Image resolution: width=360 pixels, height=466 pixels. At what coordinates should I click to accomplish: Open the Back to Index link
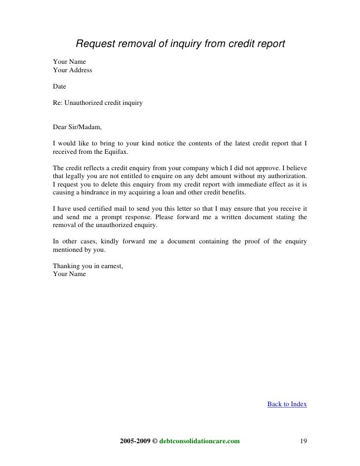(287, 404)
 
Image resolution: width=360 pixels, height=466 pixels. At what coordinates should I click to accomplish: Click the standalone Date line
(59, 87)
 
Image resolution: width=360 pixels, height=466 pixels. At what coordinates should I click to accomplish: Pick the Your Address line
(72, 70)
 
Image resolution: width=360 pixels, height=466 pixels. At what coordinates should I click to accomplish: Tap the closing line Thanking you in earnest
(88, 266)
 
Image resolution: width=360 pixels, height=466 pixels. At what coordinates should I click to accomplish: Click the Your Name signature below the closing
(69, 274)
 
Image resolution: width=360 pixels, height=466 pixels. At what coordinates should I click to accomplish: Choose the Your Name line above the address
(69, 62)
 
